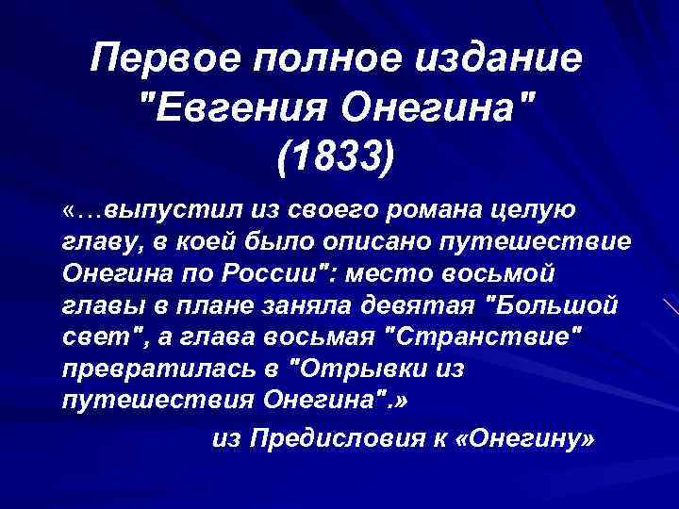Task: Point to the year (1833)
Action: [x=339, y=158]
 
